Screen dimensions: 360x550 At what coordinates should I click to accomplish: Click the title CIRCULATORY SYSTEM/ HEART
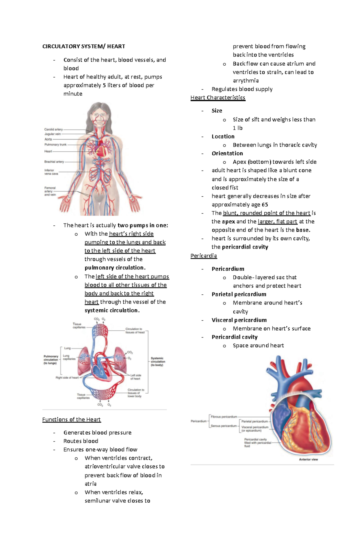84,46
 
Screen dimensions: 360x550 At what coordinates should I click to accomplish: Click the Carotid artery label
54,129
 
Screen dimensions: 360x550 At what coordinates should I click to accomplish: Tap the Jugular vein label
53,134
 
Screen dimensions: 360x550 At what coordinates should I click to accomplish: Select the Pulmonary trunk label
55,144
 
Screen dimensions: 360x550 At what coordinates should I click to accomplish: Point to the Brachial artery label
54,162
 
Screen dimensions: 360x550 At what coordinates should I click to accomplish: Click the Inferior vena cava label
51,172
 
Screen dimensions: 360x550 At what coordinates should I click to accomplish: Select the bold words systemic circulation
112,311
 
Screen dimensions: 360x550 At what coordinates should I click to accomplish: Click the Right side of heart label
67,378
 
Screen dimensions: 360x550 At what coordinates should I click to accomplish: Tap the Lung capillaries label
69,357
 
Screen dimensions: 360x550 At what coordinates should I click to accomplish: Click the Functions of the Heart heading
71,420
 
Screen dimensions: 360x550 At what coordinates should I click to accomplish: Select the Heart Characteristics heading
218,98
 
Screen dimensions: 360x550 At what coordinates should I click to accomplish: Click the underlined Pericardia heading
204,256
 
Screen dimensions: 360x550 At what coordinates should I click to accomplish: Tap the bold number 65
265,205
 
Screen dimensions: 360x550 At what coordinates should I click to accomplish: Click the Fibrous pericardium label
224,417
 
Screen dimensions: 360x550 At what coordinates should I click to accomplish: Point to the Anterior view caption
308,459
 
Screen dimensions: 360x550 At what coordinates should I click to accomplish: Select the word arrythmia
246,81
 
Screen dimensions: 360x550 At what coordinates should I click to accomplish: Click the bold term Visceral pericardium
239,320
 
